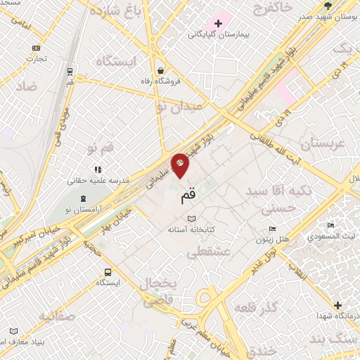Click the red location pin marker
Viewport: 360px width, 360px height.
click(181, 165)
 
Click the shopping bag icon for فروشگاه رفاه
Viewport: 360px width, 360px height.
click(162, 70)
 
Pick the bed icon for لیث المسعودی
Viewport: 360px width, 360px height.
click(331, 226)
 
